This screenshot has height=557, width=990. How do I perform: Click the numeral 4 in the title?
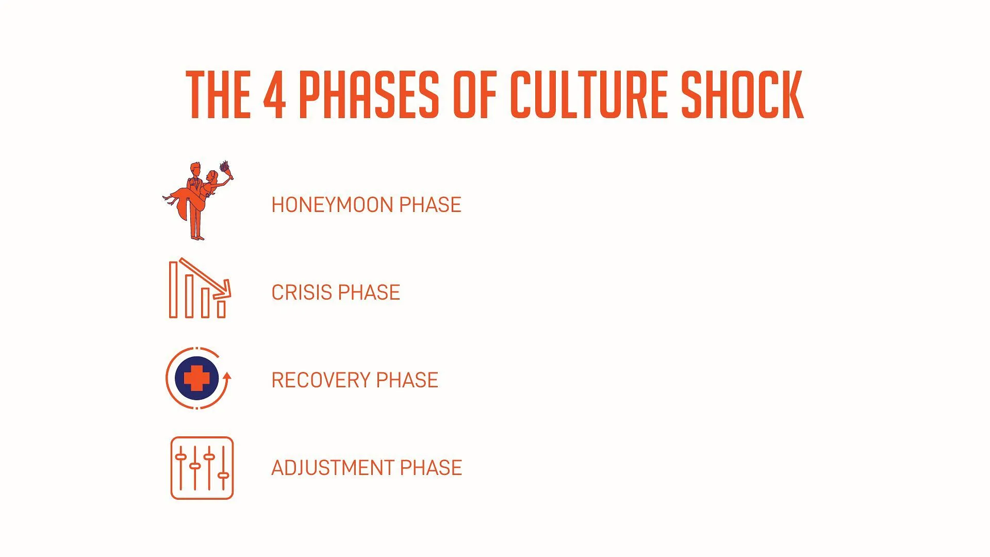(x=274, y=95)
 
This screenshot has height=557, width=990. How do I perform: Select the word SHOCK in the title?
(x=742, y=95)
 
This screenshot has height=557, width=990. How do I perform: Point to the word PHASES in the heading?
(x=369, y=95)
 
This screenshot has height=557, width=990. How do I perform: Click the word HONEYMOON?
(x=334, y=205)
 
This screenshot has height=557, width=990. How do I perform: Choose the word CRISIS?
(x=302, y=292)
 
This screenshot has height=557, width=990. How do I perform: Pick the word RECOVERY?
(x=322, y=380)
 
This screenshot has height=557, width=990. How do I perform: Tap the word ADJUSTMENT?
(x=334, y=468)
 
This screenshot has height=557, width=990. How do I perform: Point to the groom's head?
(x=195, y=169)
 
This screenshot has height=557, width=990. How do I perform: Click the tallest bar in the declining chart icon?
(x=173, y=289)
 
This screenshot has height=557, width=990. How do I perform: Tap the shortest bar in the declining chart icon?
(x=221, y=308)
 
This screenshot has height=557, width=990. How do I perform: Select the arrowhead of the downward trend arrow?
(x=224, y=289)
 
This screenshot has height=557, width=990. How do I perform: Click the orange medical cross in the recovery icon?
(x=197, y=379)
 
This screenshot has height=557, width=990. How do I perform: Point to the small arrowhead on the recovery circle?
(x=227, y=376)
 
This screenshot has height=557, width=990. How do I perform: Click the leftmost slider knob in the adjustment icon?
(x=180, y=456)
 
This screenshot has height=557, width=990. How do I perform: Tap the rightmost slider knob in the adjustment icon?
(x=223, y=475)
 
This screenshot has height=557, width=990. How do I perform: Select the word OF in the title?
(x=475, y=95)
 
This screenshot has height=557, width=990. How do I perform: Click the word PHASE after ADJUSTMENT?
(x=431, y=468)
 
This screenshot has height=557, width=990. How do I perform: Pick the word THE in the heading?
(x=218, y=95)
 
